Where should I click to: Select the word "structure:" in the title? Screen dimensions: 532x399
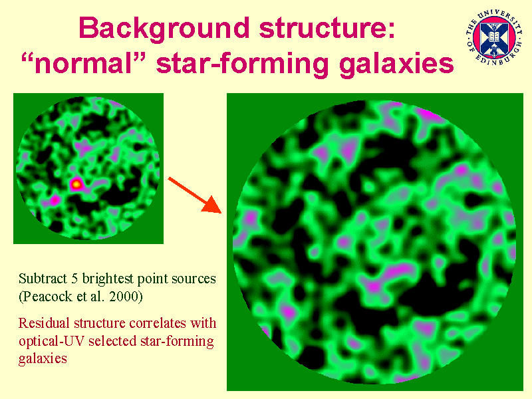click(327, 27)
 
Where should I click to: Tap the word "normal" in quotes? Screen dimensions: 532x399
click(83, 63)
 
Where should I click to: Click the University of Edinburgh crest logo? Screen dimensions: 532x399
click(493, 38)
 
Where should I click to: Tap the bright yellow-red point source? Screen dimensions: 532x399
click(76, 184)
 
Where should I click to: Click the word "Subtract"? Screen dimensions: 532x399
click(43, 279)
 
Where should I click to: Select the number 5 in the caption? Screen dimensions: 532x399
click(74, 279)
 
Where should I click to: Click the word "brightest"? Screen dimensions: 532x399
click(108, 279)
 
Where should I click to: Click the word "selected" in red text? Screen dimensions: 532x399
click(112, 341)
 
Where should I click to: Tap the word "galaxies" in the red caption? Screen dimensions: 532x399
click(43, 359)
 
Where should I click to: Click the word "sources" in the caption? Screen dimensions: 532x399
click(194, 279)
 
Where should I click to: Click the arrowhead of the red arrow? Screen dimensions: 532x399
click(213, 205)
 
